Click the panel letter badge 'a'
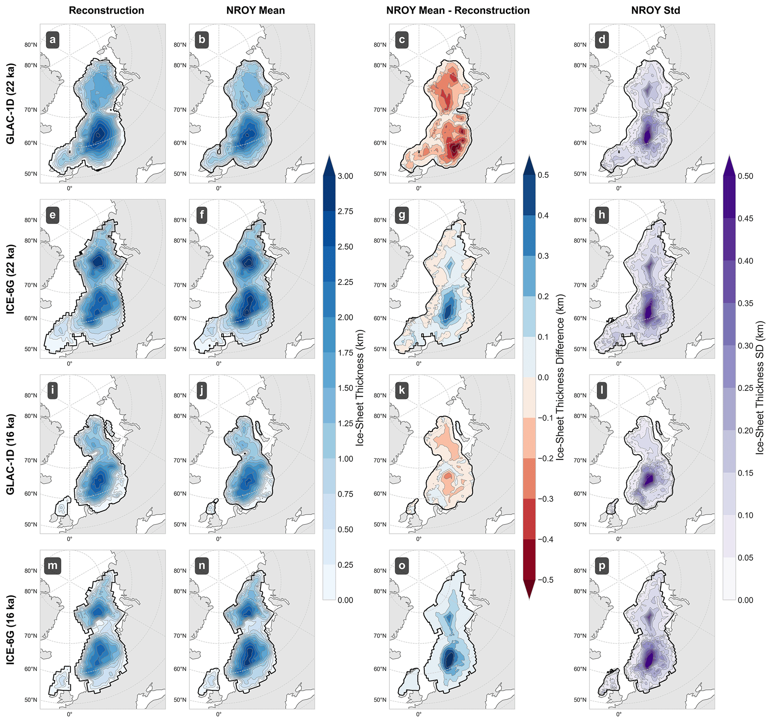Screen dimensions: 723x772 (x=52, y=40)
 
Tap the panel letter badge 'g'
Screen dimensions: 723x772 (x=402, y=215)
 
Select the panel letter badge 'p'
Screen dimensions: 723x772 (x=602, y=566)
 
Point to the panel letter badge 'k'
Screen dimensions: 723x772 (x=402, y=391)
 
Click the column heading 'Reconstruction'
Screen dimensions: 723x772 (x=106, y=10)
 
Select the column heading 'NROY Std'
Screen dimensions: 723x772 (x=655, y=10)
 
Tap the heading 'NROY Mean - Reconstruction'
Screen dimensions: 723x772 (x=458, y=10)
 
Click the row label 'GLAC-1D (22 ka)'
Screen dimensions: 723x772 (x=10, y=104)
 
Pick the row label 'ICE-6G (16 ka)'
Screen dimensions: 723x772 (x=10, y=629)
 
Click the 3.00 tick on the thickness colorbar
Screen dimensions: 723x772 (x=345, y=176)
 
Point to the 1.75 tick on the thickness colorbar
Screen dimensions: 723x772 (x=345, y=353)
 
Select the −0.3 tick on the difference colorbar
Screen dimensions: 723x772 (x=545, y=499)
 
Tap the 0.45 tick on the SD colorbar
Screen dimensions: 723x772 (x=745, y=218)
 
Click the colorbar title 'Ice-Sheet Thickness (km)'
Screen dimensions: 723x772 (x=360, y=388)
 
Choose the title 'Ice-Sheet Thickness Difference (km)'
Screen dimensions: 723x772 (x=559, y=378)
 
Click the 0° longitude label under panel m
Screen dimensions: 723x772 (x=69, y=714)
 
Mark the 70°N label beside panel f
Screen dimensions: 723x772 (x=180, y=285)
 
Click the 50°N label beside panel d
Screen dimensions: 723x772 (x=580, y=174)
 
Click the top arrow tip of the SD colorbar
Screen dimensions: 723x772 (x=729, y=156)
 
